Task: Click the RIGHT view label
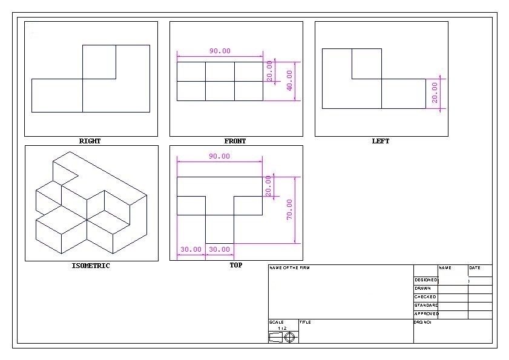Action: pyautogui.click(x=90, y=141)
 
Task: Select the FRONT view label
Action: pyautogui.click(x=235, y=141)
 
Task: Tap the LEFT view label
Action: pyautogui.click(x=380, y=141)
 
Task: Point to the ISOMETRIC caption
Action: pyautogui.click(x=91, y=266)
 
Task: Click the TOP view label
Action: pyautogui.click(x=235, y=265)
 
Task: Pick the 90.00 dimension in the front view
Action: pyautogui.click(x=220, y=51)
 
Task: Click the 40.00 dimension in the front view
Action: pyautogui.click(x=289, y=80)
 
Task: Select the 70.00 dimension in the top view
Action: pyautogui.click(x=289, y=209)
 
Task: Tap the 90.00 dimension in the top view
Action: pyautogui.click(x=220, y=156)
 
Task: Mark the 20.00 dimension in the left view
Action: pyautogui.click(x=435, y=93)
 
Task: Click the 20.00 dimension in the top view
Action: pyautogui.click(x=269, y=186)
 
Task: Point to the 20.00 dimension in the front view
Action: pyautogui.click(x=269, y=71)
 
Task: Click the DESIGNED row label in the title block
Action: pyautogui.click(x=425, y=280)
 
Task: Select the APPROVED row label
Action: pyautogui.click(x=426, y=314)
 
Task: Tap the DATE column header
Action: pyautogui.click(x=475, y=267)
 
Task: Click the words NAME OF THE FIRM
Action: pyautogui.click(x=289, y=267)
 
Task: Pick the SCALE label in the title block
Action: pyautogui.click(x=276, y=322)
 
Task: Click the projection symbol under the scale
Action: pyautogui.click(x=283, y=337)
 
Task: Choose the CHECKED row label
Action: pyautogui.click(x=425, y=297)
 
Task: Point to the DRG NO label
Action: pyautogui.click(x=422, y=322)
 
